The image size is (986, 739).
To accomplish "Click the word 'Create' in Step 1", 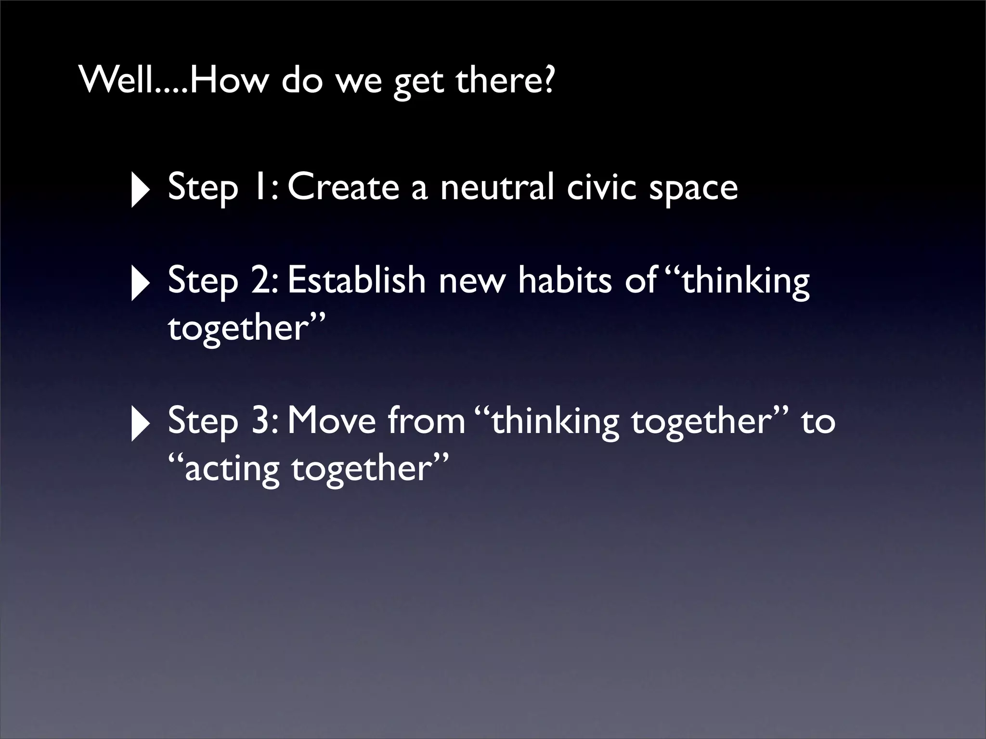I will point(343,187).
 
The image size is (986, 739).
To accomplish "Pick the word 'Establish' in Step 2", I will point(357,280).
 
